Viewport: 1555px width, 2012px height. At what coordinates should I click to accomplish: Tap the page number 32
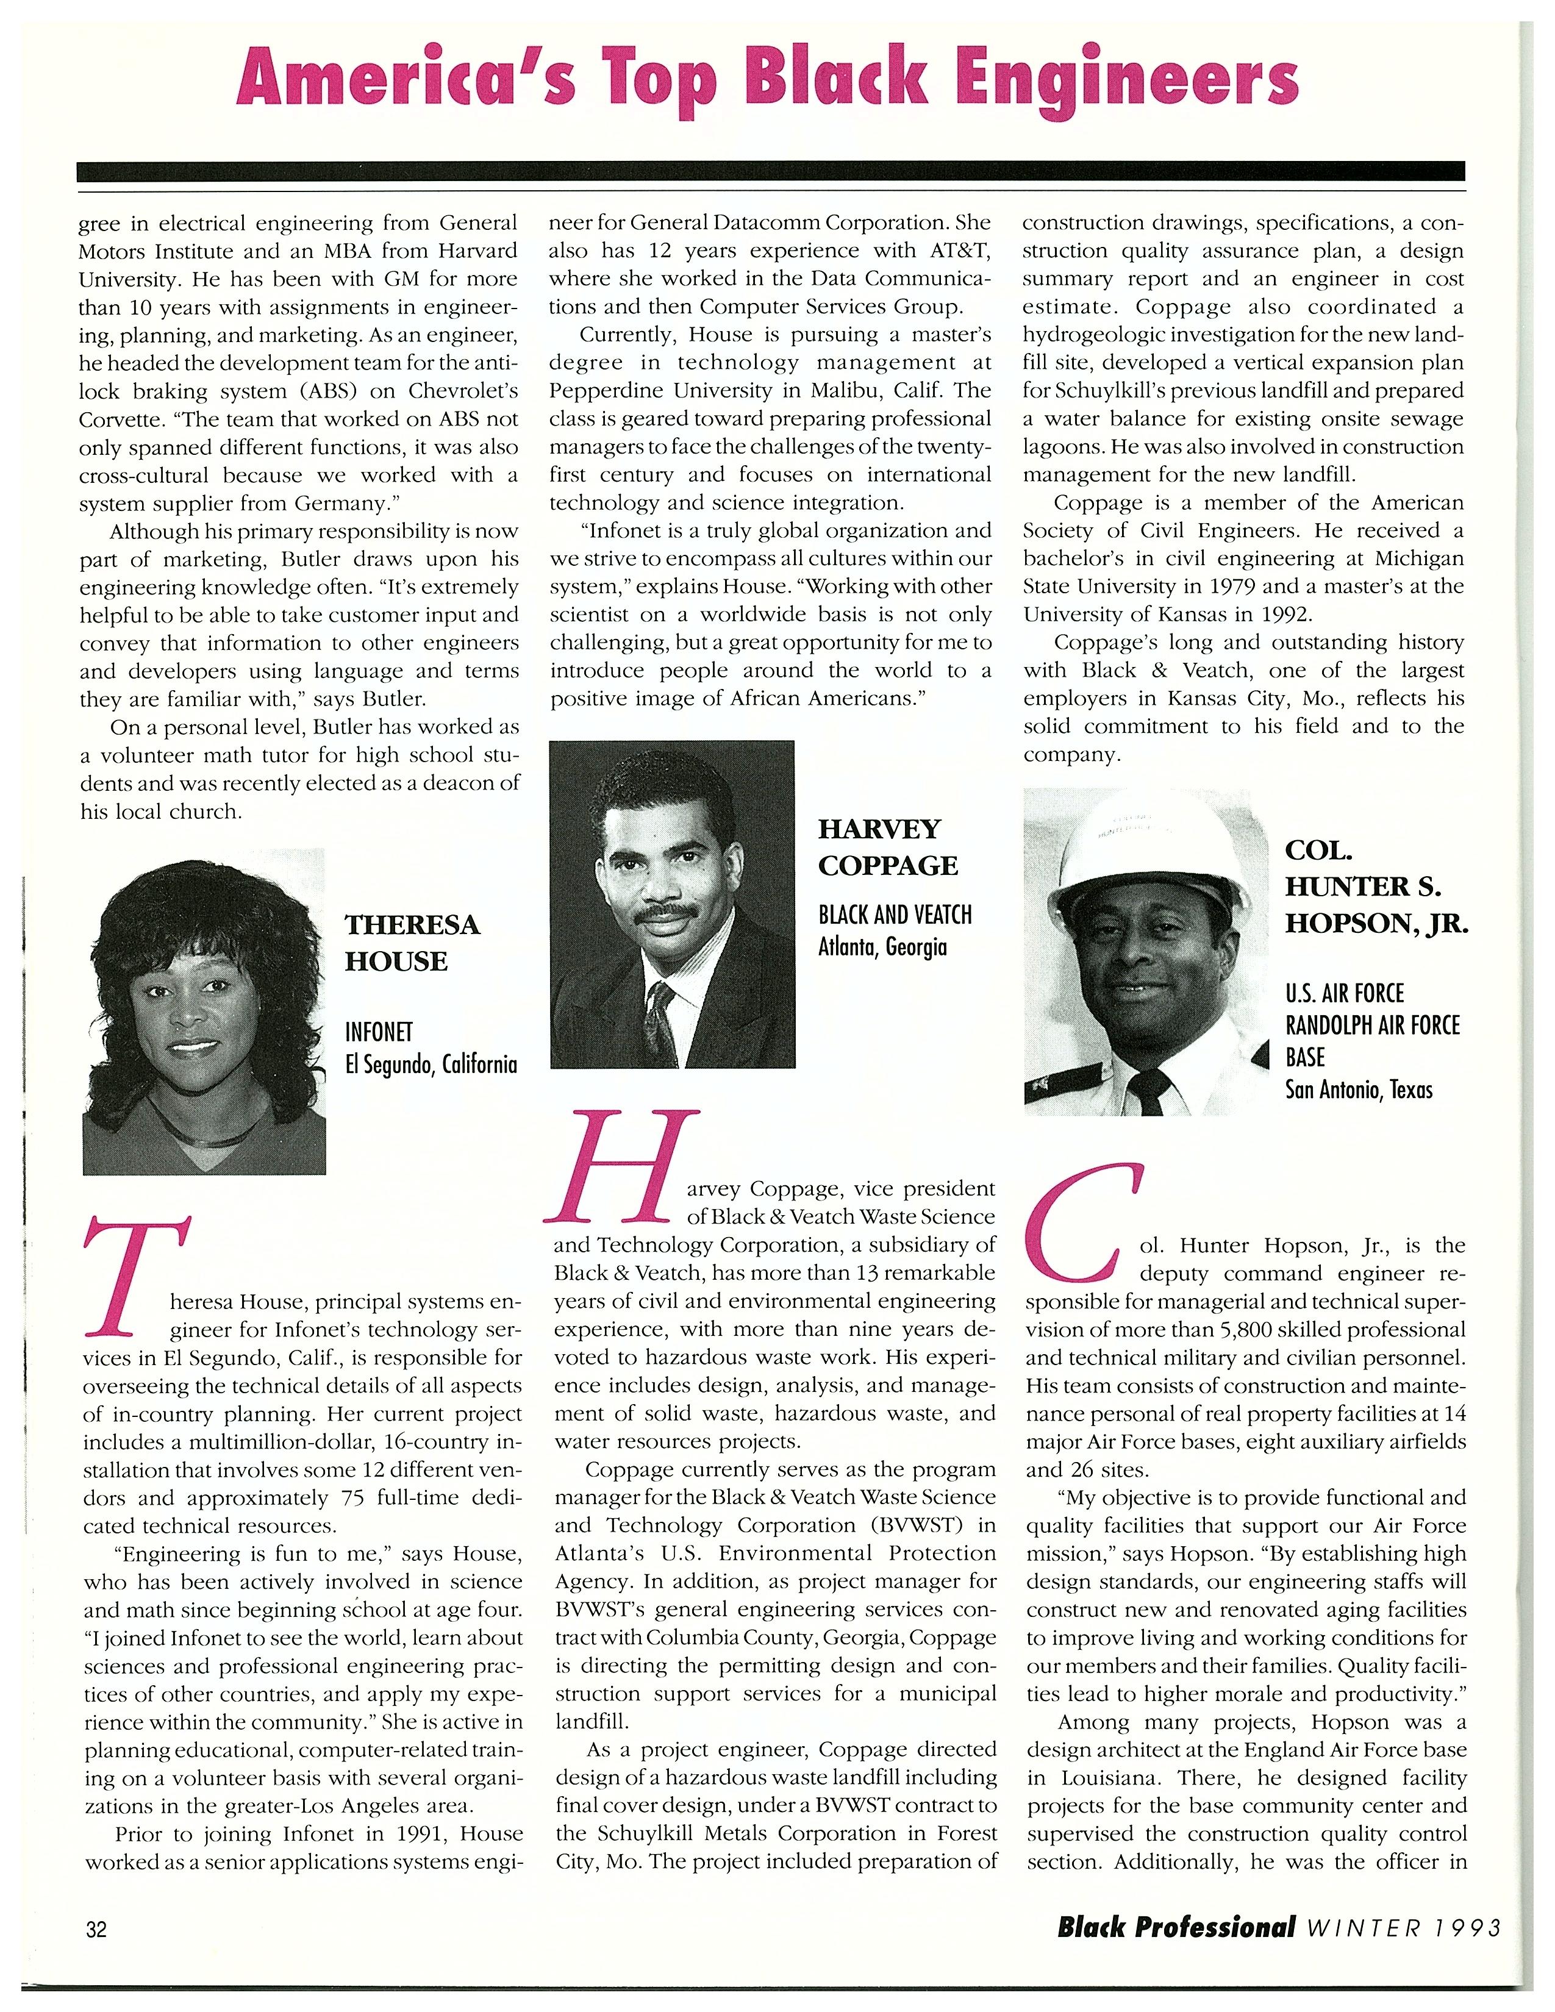tap(97, 1928)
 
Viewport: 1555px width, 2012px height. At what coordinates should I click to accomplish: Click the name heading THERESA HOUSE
tap(412, 943)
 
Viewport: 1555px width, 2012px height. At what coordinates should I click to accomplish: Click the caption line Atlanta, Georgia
tap(882, 946)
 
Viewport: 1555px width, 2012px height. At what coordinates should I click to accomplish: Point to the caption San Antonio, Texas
tap(1359, 1090)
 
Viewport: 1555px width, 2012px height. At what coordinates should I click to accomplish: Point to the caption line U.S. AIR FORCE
tap(1344, 993)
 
